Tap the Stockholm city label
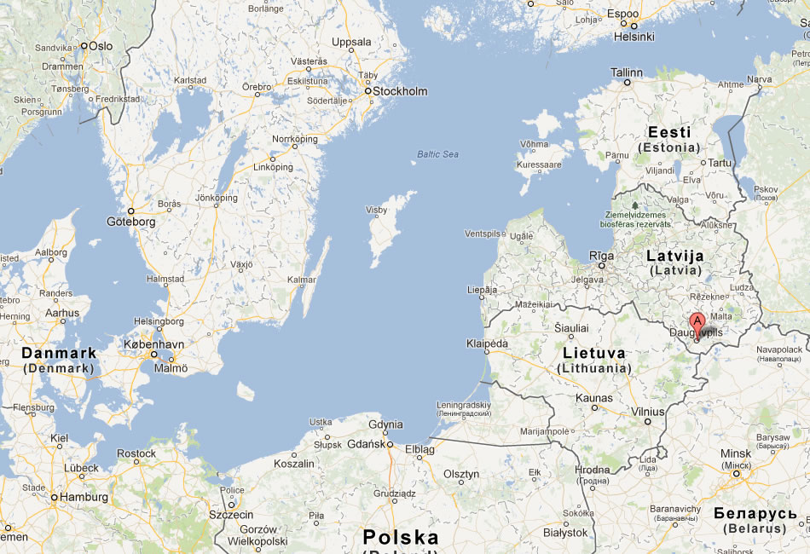(x=401, y=91)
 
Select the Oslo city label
(x=101, y=46)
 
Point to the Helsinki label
(x=634, y=37)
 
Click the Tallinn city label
(x=627, y=72)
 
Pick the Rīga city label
(x=601, y=255)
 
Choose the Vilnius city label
(x=648, y=411)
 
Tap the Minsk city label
(x=736, y=453)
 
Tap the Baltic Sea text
(x=437, y=154)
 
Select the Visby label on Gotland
(x=376, y=210)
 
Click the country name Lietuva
(x=594, y=353)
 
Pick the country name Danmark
(x=59, y=353)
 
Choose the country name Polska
(x=401, y=537)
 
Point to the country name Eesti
(x=669, y=132)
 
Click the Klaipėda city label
(x=488, y=343)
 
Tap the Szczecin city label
(x=231, y=515)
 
